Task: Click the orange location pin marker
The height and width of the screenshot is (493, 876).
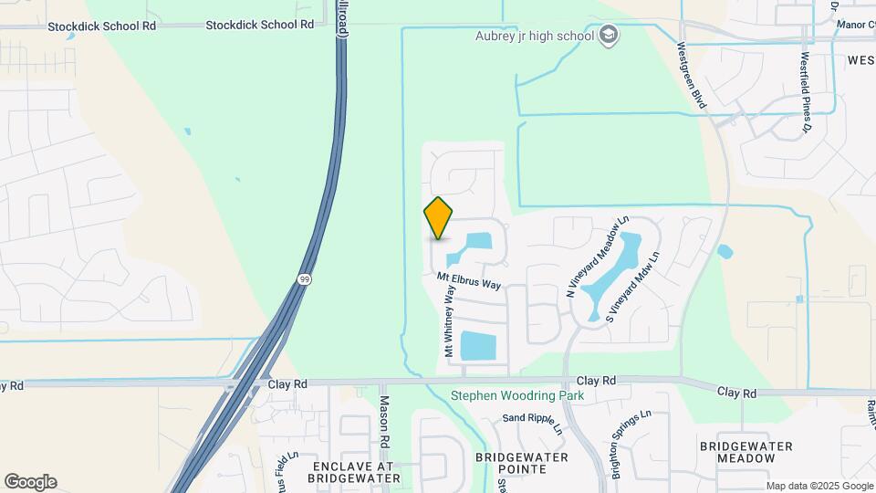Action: [439, 218]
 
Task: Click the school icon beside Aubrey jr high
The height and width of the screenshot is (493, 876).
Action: [609, 37]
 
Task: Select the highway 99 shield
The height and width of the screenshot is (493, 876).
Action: [303, 278]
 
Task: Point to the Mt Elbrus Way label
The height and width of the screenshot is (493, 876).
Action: [469, 280]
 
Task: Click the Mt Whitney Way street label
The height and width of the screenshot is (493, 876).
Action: [450, 322]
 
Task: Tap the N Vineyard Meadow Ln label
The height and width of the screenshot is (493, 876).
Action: [598, 257]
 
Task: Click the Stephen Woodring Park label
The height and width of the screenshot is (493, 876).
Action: [517, 396]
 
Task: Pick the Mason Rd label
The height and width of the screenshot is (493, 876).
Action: [385, 419]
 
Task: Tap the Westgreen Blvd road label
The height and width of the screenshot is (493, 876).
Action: [692, 75]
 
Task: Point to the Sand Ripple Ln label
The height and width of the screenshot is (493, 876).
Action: [532, 418]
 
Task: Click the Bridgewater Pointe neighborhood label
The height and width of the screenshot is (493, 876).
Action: [521, 463]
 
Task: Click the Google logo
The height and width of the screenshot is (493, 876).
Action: [30, 482]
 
